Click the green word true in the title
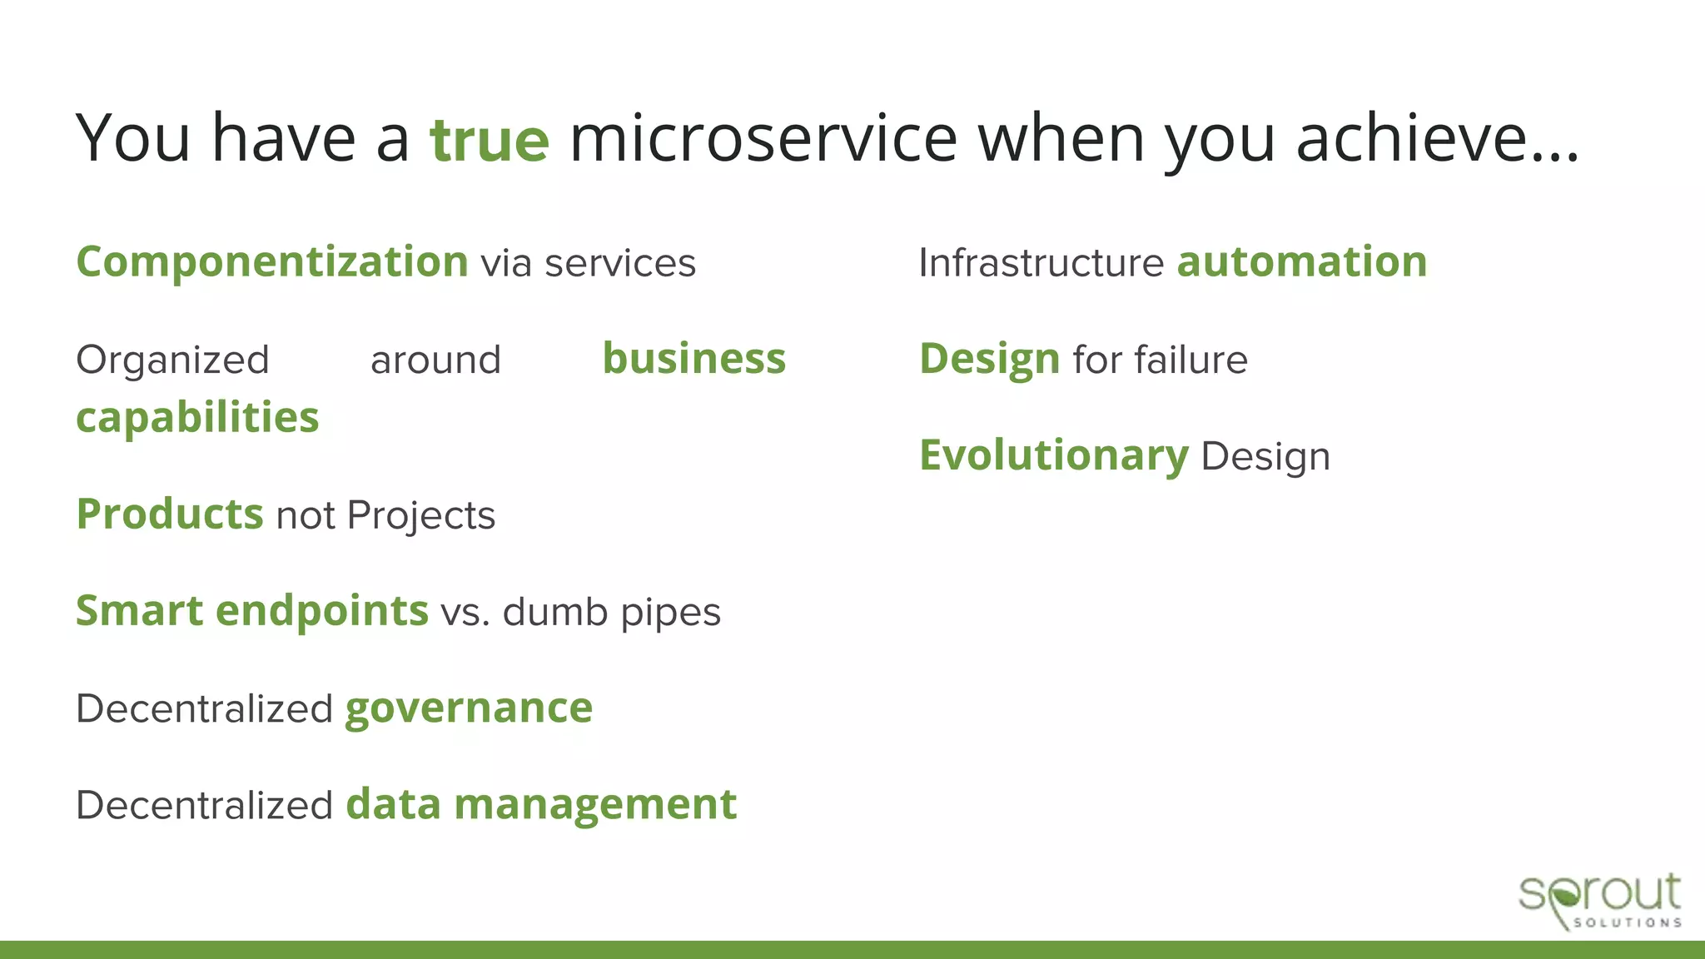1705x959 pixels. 490,140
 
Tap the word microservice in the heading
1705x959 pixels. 763,138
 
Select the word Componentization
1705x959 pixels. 272,263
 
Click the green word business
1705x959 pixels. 693,360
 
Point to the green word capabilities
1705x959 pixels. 197,418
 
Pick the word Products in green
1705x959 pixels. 170,514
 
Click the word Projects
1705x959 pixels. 420,516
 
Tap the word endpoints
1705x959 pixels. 322,612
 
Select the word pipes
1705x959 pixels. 671,614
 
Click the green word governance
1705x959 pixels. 469,709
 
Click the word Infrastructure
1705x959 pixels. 1041,263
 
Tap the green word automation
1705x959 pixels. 1302,263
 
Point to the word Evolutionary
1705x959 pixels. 1054,456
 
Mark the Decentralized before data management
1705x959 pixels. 204,806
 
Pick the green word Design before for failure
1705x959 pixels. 989,360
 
